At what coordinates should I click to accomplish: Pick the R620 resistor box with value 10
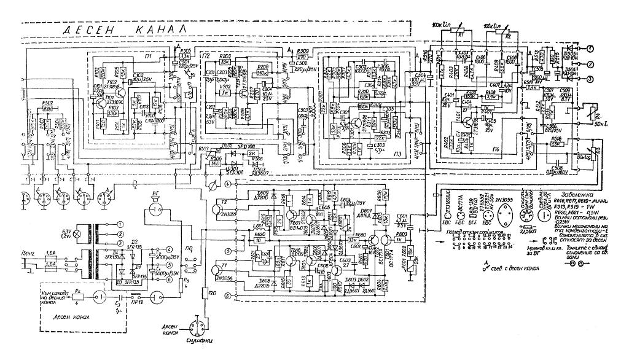(259, 240)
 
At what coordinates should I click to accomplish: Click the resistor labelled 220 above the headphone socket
(206, 293)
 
